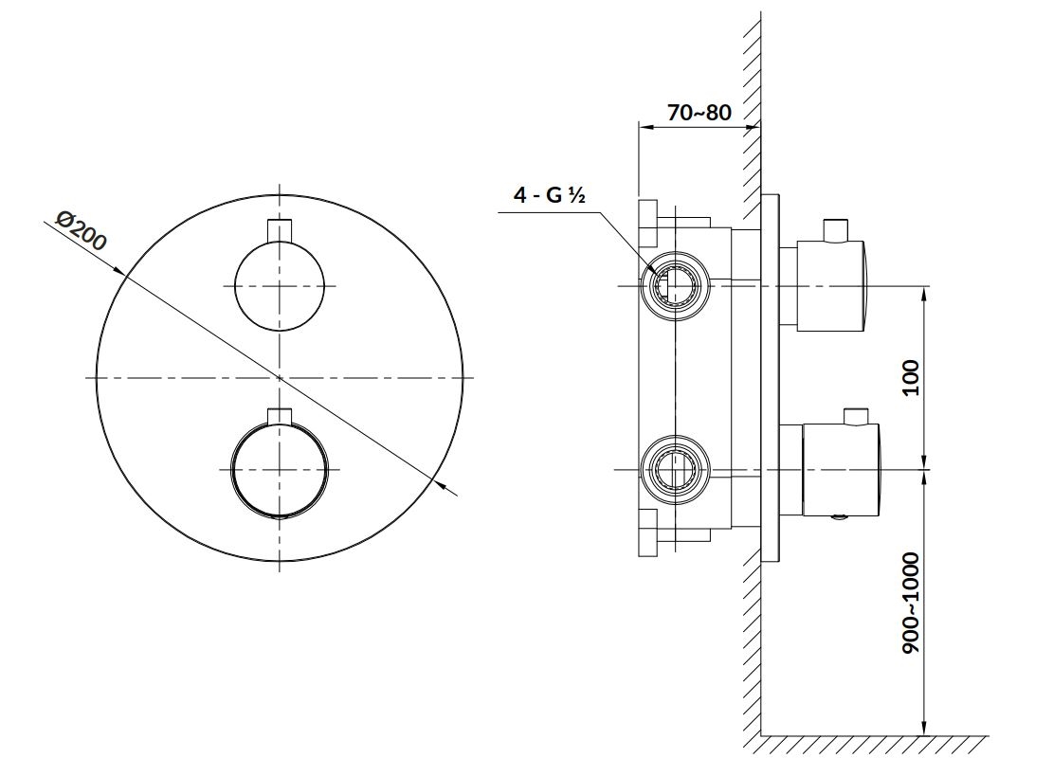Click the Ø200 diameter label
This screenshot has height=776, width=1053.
[80, 231]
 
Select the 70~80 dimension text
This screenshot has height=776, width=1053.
[699, 112]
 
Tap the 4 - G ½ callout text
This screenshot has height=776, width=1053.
[550, 195]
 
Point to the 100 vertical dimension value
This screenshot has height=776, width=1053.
[910, 377]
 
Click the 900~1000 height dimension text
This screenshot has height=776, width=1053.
[910, 604]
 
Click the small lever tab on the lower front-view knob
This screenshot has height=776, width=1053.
[280, 416]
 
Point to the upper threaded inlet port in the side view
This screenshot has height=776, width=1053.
[674, 287]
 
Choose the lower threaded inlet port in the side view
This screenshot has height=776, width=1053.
[674, 469]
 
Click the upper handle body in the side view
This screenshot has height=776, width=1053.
[831, 286]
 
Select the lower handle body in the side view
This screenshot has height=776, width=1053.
[840, 471]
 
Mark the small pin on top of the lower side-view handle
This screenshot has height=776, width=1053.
[856, 416]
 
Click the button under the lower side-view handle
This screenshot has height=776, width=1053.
[839, 517]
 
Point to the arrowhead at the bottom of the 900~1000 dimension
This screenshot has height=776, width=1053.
[925, 726]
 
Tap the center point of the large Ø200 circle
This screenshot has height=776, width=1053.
[280, 378]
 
